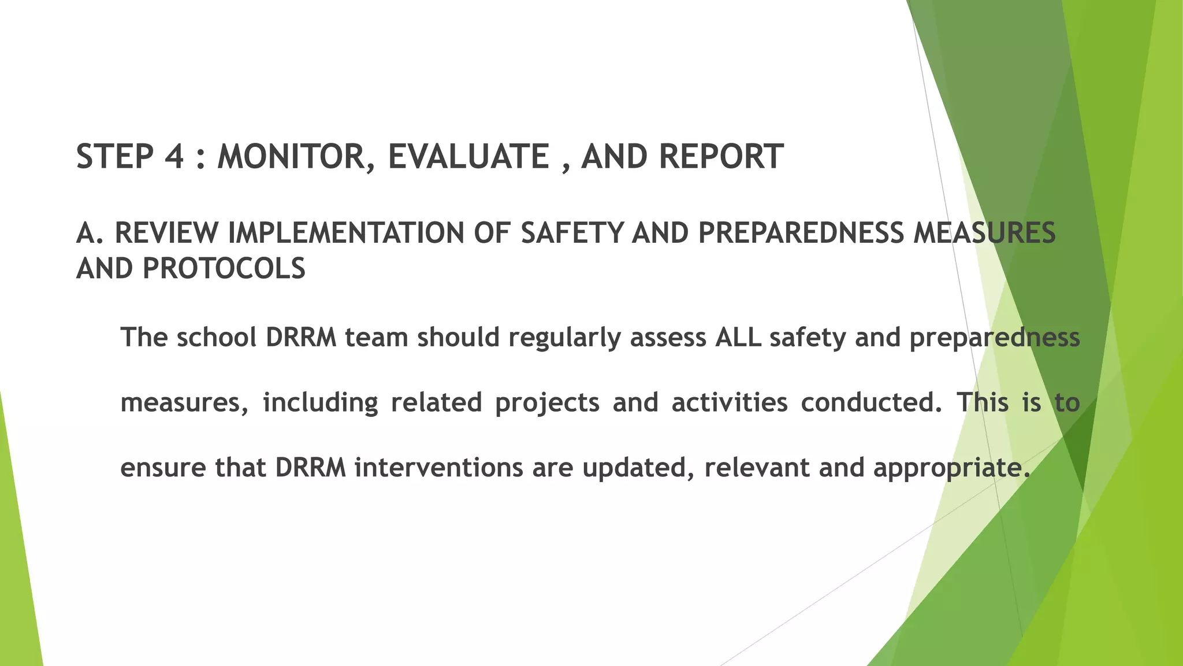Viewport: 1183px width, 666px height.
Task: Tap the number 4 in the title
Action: coord(174,157)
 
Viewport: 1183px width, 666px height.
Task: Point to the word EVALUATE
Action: coord(468,157)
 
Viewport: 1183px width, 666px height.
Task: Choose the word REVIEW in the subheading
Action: coord(166,233)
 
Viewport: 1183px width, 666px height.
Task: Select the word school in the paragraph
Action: coord(216,337)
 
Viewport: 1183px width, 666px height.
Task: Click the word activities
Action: coord(729,402)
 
